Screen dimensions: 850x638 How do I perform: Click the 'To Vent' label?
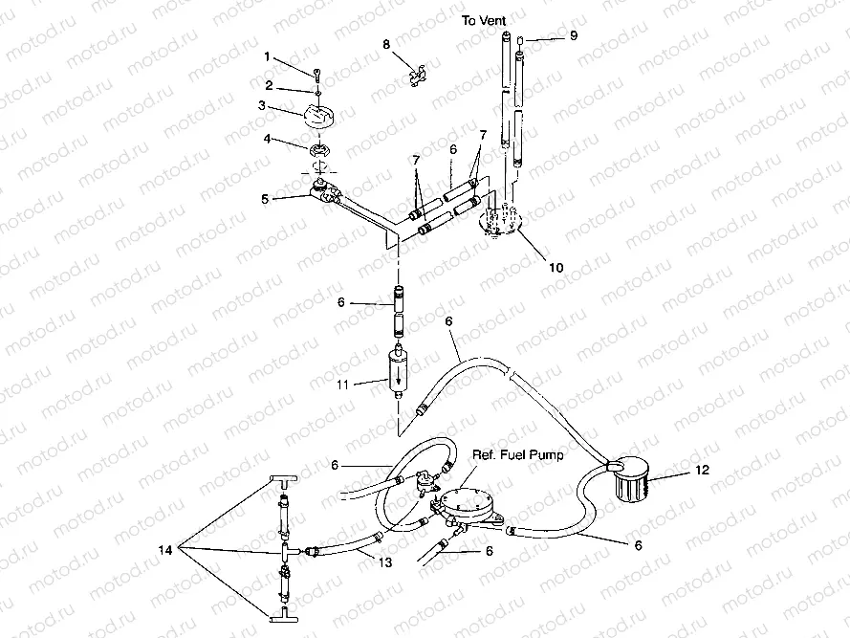(x=484, y=21)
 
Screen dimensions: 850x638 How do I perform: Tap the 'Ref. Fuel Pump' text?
(x=517, y=454)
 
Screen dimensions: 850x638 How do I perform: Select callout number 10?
(x=556, y=268)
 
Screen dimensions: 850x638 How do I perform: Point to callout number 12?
(x=702, y=470)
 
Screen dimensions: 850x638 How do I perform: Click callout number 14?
(x=165, y=550)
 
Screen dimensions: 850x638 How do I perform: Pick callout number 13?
(x=385, y=562)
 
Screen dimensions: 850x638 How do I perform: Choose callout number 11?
(x=342, y=385)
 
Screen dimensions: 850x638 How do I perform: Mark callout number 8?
(x=386, y=44)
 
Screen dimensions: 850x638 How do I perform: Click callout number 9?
(x=574, y=35)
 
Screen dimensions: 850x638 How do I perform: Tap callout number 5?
(x=265, y=199)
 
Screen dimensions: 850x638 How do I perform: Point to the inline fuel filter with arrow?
(x=399, y=372)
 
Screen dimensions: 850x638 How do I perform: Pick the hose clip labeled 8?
(x=416, y=77)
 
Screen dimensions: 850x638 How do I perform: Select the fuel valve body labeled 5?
(x=323, y=192)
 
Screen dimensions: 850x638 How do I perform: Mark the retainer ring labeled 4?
(x=321, y=148)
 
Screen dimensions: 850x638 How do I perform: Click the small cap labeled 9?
(x=519, y=39)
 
